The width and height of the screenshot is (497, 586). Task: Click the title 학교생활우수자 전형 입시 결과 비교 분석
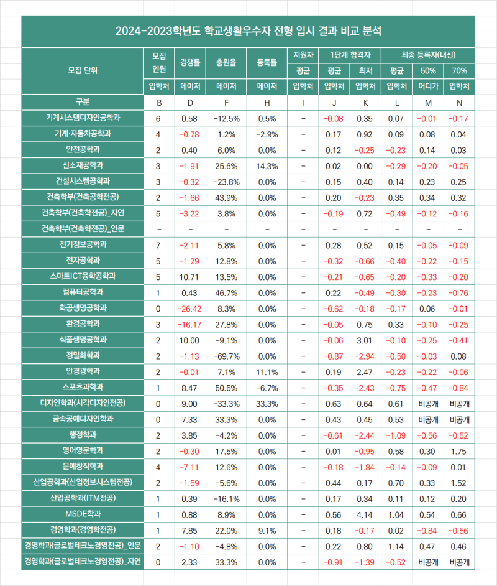click(293, 31)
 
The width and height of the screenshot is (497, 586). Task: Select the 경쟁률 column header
click(190, 62)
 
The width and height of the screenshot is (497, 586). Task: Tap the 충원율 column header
click(226, 62)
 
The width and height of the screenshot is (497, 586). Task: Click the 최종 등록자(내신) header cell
click(428, 55)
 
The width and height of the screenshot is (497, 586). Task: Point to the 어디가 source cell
click(428, 86)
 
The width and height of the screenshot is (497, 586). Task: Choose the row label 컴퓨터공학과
click(83, 292)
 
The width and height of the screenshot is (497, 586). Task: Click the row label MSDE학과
click(83, 514)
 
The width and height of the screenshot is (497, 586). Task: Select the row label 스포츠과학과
click(83, 387)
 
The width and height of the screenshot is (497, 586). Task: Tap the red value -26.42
click(189, 309)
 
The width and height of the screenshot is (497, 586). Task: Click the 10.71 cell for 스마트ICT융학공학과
click(189, 277)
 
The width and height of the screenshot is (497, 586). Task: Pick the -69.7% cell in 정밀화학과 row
click(226, 356)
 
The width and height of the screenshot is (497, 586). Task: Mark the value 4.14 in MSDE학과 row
click(365, 515)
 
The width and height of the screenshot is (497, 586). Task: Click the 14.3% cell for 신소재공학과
click(267, 166)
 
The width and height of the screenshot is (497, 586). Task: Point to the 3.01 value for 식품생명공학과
click(365, 341)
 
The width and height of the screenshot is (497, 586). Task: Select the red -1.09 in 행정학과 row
click(396, 435)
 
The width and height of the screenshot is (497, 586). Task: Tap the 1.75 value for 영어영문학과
click(458, 452)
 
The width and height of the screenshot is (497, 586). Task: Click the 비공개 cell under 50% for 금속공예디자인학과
click(428, 420)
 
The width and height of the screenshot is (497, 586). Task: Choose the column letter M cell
click(428, 103)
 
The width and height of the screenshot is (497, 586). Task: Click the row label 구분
click(83, 101)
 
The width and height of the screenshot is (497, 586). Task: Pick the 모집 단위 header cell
click(83, 70)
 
